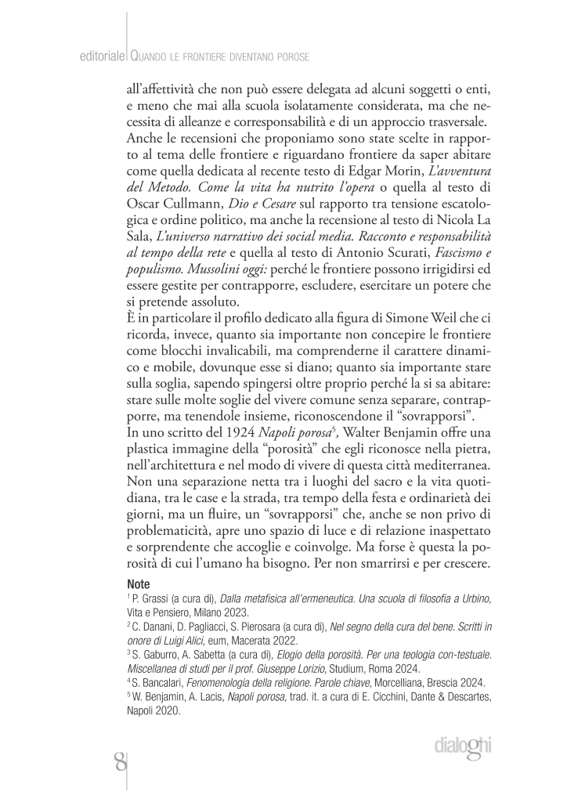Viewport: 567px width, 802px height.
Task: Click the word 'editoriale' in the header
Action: coord(103,57)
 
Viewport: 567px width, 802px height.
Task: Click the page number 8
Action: coord(119,760)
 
